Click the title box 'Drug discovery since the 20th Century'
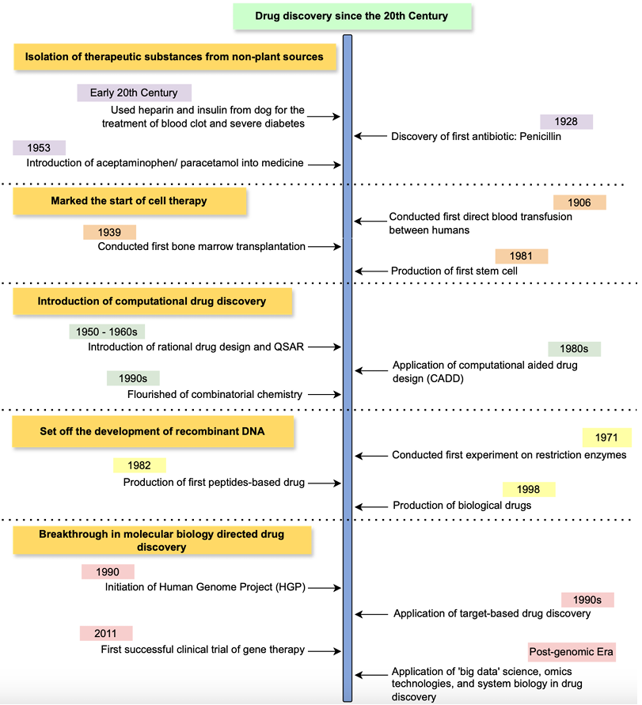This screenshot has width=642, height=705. click(x=351, y=16)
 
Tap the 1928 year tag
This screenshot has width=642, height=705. click(x=566, y=121)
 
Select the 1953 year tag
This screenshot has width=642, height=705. click(x=39, y=147)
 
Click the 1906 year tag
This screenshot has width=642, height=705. click(x=579, y=203)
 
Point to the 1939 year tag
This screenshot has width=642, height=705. click(x=109, y=232)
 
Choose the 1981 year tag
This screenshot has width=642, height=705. click(x=522, y=256)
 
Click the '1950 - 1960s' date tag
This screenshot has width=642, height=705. click(x=107, y=332)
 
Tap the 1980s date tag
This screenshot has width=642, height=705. click(x=574, y=348)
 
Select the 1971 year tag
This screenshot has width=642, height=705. click(x=607, y=438)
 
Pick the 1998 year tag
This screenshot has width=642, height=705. click(x=529, y=489)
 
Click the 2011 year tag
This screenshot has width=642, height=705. click(x=106, y=633)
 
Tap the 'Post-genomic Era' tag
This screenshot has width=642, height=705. click(x=572, y=652)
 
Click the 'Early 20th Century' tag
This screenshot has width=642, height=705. click(x=134, y=93)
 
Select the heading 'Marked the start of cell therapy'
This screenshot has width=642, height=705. click(x=130, y=201)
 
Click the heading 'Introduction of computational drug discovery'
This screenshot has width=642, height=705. click(x=153, y=301)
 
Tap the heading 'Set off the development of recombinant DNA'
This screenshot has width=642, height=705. click(x=153, y=431)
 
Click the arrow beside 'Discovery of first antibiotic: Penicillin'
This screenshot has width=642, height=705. click(x=370, y=135)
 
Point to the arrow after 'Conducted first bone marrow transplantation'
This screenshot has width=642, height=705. click(x=325, y=246)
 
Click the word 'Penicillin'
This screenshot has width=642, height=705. click(x=541, y=136)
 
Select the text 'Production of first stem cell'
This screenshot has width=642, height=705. click(x=454, y=271)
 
